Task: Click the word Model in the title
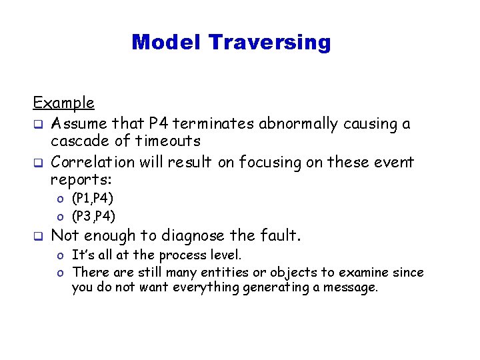(167, 43)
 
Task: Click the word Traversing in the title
(269, 43)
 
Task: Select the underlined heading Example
(64, 103)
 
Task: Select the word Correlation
(90, 162)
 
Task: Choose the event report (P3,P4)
(93, 215)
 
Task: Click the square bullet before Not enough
(39, 236)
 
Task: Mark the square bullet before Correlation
(39, 163)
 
